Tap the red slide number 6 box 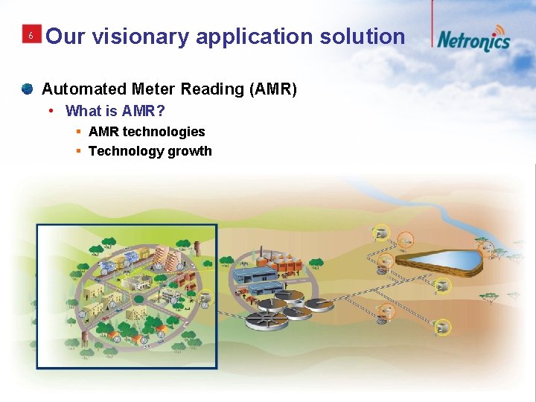pyautogui.click(x=31, y=36)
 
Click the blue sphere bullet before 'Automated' pyautogui.click(x=27, y=89)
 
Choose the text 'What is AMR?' pyautogui.click(x=115, y=111)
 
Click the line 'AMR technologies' pyautogui.click(x=147, y=132)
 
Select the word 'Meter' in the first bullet pyautogui.click(x=152, y=89)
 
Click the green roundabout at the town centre pyautogui.click(x=139, y=299)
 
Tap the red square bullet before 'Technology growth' pyautogui.click(x=78, y=151)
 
